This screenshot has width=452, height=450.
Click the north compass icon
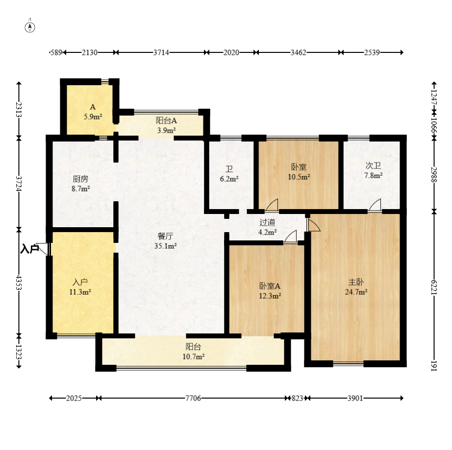coord(30,27)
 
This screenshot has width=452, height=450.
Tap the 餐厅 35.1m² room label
coord(166,241)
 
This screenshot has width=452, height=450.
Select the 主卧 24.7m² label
coord(356,287)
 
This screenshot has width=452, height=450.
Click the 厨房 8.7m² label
coord(80,184)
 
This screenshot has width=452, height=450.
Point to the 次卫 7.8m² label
coord(373,170)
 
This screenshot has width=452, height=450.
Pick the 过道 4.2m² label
coord(268,227)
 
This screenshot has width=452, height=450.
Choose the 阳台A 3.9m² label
coord(166,125)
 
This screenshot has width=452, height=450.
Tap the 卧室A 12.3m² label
coord(270,291)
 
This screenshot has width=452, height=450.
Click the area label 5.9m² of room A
coord(93,117)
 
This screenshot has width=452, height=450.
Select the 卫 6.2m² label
coord(229,174)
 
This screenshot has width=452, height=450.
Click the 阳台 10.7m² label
coord(194,352)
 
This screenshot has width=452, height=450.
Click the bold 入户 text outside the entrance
coord(29,249)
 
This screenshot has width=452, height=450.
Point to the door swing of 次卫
coord(375,205)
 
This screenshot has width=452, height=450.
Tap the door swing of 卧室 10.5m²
coord(272,205)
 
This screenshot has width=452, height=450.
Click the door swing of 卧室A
coord(290,237)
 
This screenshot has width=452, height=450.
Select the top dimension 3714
coord(161,52)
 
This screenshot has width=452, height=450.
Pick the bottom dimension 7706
coord(193,398)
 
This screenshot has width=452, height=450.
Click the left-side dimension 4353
coord(19,283)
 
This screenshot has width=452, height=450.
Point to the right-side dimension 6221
coord(434,287)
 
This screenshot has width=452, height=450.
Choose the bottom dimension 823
coord(298,398)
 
